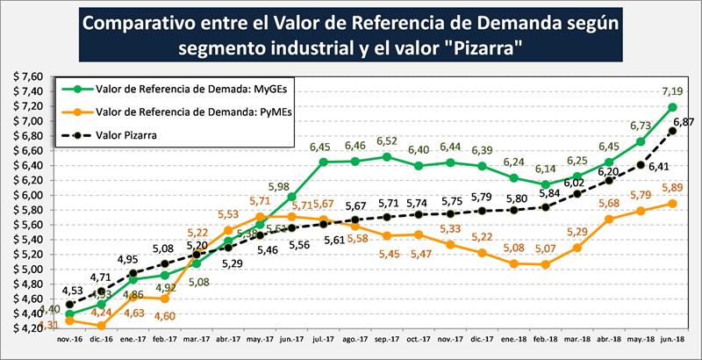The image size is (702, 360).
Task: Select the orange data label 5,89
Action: (x=671, y=187)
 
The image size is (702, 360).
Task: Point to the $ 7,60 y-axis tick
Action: (x=27, y=76)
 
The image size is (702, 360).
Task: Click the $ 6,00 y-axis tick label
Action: (x=27, y=194)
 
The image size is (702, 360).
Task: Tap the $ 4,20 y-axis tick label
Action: (x=27, y=328)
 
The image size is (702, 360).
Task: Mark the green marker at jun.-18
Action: (x=673, y=107)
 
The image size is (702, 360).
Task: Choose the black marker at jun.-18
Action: (x=673, y=131)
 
